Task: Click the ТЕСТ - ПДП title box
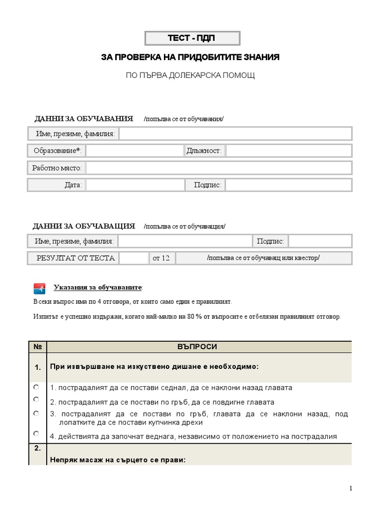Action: (x=192, y=38)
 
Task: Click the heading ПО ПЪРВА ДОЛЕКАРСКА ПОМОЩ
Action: (x=191, y=75)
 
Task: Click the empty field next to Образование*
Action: (x=134, y=150)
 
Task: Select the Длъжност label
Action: (x=204, y=150)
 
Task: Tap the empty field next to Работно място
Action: (x=219, y=168)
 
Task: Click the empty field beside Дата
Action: (x=134, y=185)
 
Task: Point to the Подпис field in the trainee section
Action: (x=288, y=185)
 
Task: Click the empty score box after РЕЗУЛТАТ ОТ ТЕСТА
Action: (x=133, y=258)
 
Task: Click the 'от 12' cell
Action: (x=161, y=258)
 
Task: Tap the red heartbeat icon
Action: (x=39, y=288)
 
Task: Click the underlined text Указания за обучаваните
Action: (x=98, y=287)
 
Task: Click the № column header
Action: (x=37, y=347)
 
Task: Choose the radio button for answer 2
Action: (x=36, y=399)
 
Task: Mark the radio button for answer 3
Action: (x=36, y=413)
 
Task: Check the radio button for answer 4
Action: (x=36, y=433)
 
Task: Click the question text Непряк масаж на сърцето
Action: (x=116, y=460)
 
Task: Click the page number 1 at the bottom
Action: (x=350, y=488)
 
